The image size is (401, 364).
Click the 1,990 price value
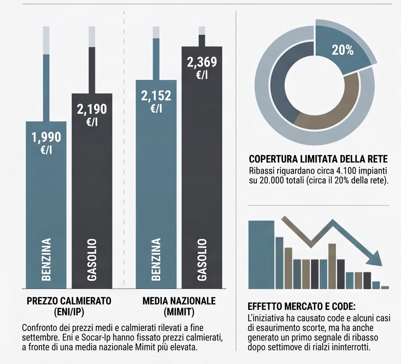(46, 137)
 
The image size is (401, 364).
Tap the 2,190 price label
(92, 109)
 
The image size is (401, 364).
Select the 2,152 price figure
(156, 95)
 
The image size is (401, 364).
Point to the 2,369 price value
(202, 62)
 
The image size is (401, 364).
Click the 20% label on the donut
(343, 50)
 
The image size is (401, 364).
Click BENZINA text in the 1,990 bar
(46, 260)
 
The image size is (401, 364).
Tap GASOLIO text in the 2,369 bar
(202, 260)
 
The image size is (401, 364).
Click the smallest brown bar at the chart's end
(385, 288)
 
